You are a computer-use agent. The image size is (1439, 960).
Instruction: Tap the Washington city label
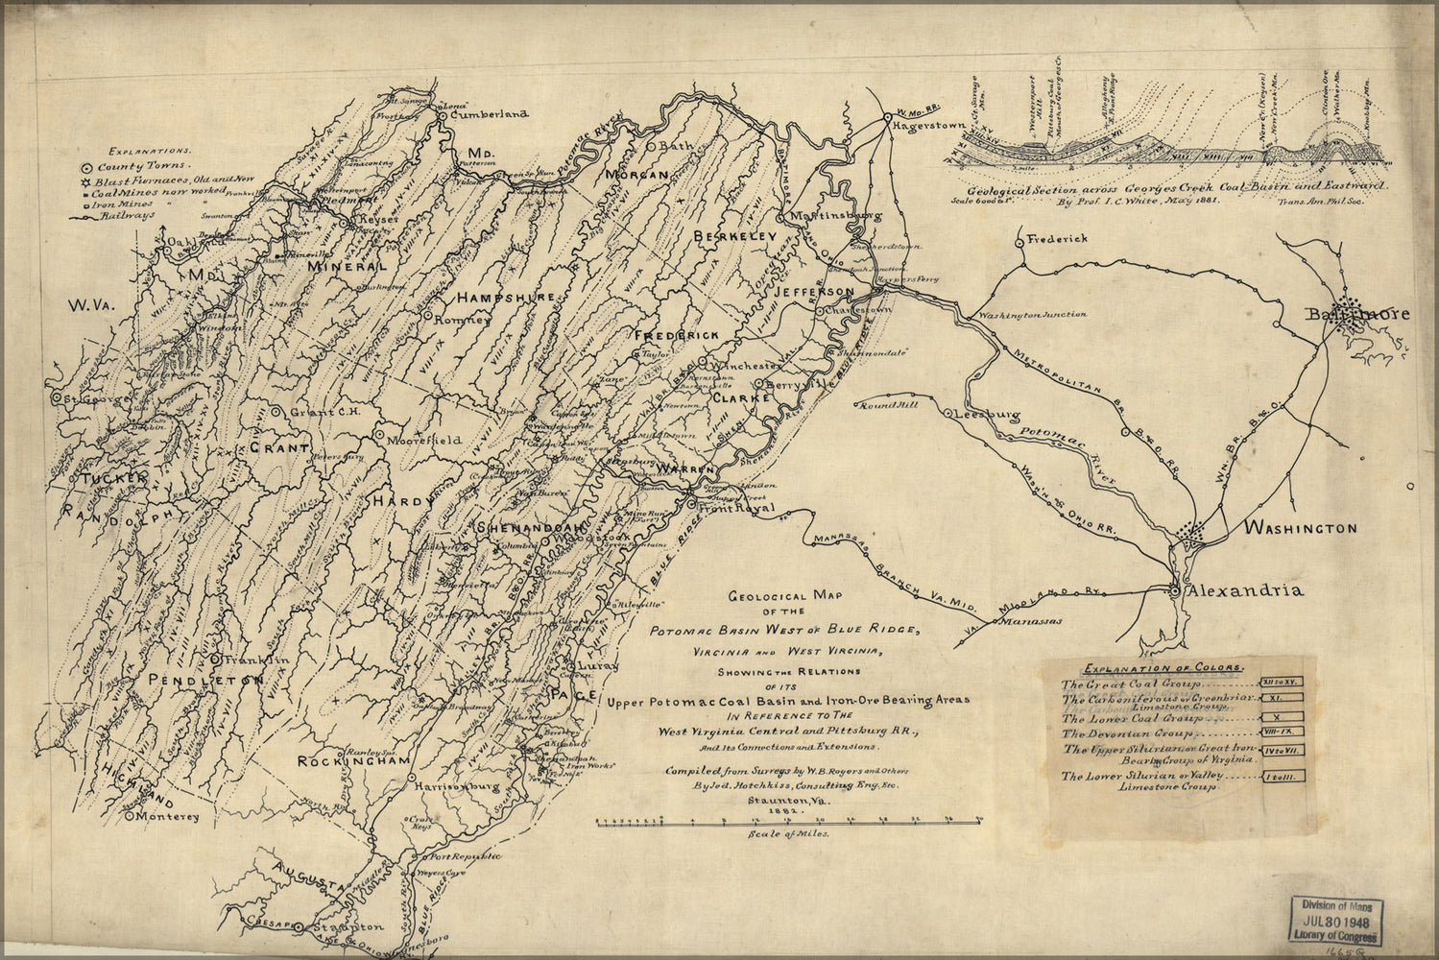point(1301,528)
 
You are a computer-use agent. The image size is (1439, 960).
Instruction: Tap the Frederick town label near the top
point(1057,238)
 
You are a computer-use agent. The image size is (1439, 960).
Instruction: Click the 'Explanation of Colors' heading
point(1162,666)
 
